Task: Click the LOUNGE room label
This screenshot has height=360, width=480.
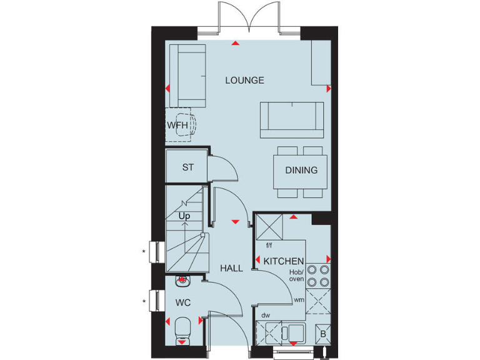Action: (x=244, y=80)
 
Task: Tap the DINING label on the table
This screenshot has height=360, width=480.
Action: (x=301, y=170)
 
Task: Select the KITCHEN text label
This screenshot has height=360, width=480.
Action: (x=284, y=261)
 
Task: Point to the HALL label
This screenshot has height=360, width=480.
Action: (x=231, y=268)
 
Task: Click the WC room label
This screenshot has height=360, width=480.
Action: (x=182, y=302)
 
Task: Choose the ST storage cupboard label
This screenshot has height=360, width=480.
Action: (x=187, y=167)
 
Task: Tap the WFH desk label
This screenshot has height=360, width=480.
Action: (x=177, y=125)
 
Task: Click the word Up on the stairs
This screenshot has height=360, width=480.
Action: (x=184, y=216)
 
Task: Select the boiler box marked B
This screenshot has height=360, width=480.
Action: (x=322, y=332)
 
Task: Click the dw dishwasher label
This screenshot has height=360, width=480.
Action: (x=265, y=316)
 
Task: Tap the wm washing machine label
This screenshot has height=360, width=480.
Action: (x=300, y=300)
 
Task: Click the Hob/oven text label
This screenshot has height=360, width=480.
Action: (x=296, y=276)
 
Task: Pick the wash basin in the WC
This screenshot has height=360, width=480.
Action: (x=182, y=281)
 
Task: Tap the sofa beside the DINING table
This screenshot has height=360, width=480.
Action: (x=292, y=120)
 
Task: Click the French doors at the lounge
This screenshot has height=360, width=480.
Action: (x=248, y=17)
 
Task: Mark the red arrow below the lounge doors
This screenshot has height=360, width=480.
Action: (x=235, y=44)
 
